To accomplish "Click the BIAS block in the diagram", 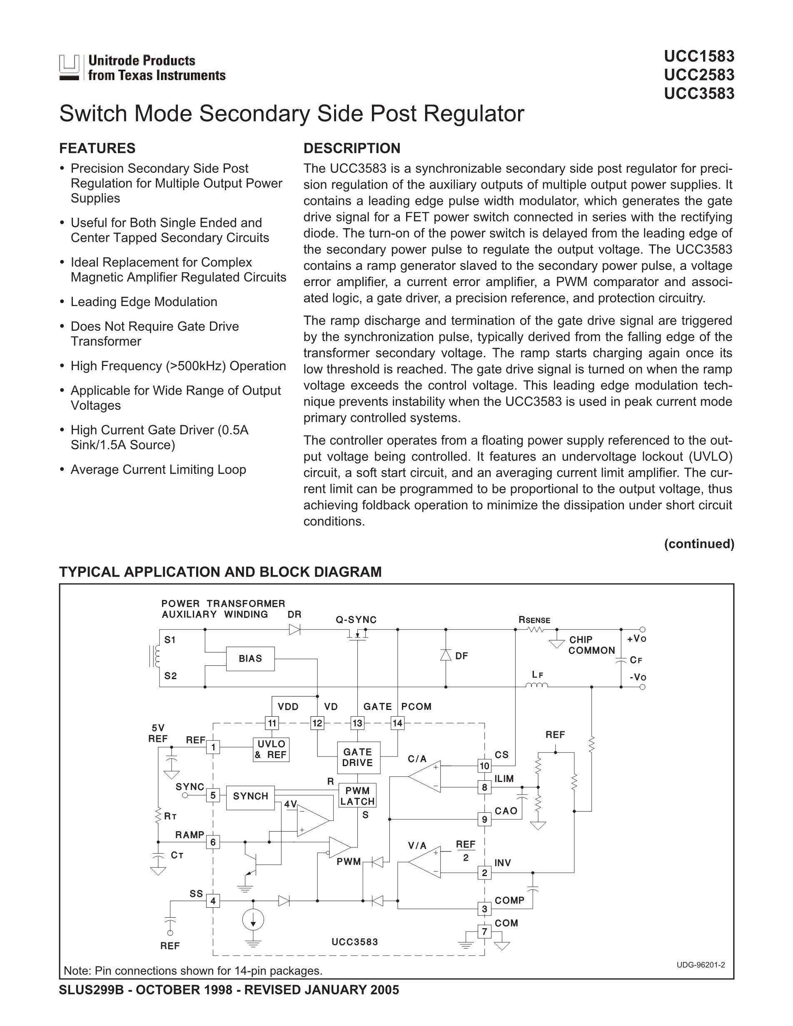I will pyautogui.click(x=250, y=659).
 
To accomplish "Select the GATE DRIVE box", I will pyautogui.click(x=359, y=758).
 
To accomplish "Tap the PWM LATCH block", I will pyautogui.click(x=357, y=796).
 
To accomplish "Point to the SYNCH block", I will pyautogui.click(x=250, y=796).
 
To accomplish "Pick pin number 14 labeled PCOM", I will pyautogui.click(x=397, y=723).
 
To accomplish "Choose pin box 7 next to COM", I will pyautogui.click(x=484, y=931).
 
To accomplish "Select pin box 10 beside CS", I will pyautogui.click(x=484, y=766).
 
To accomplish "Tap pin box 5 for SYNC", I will pyautogui.click(x=213, y=795).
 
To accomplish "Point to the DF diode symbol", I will pyautogui.click(x=446, y=655).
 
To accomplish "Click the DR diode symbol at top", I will pyautogui.click(x=294, y=630).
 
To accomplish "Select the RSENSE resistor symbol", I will pyautogui.click(x=535, y=630).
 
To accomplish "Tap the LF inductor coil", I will pyautogui.click(x=536, y=686).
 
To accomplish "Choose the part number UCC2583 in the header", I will pyautogui.click(x=699, y=75).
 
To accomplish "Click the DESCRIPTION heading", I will pyautogui.click(x=352, y=149).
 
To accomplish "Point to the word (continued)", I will pyautogui.click(x=699, y=544).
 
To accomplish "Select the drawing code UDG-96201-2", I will pyautogui.click(x=701, y=965).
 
